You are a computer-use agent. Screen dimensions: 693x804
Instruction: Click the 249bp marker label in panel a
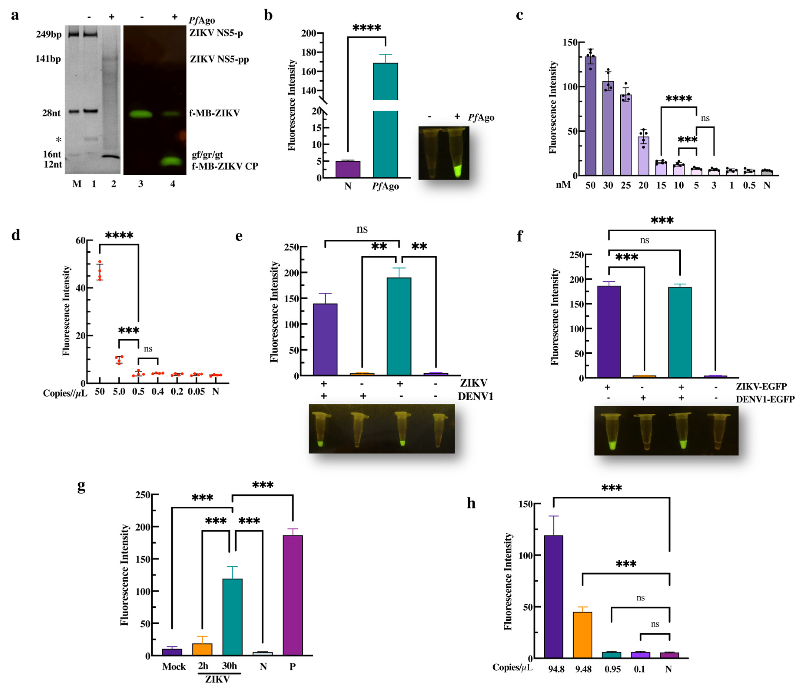tap(48, 35)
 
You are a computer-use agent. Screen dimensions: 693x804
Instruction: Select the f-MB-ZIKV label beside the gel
tap(215, 113)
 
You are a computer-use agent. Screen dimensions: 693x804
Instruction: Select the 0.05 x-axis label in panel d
tap(196, 392)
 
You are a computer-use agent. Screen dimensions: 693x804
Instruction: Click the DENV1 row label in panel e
tap(475, 396)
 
